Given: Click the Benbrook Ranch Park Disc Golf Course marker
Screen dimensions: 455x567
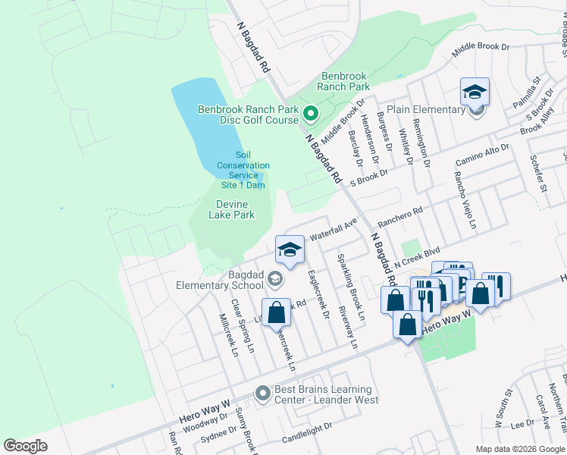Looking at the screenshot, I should [309, 115].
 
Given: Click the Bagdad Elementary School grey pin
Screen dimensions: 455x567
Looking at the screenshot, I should [274, 281].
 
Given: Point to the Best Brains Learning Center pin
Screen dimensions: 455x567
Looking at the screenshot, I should [262, 394].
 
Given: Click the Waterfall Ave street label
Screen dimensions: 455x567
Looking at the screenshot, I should [333, 230].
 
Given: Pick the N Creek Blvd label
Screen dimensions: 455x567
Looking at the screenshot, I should [417, 259].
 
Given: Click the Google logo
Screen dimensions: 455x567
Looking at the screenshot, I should [25, 446].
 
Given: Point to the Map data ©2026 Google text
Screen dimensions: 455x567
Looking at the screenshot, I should [519, 449].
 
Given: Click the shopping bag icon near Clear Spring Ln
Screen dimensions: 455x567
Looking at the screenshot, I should [277, 312].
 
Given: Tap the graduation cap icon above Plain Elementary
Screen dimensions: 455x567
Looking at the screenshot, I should [475, 92].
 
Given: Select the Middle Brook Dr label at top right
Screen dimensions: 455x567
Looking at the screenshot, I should [481, 48].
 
